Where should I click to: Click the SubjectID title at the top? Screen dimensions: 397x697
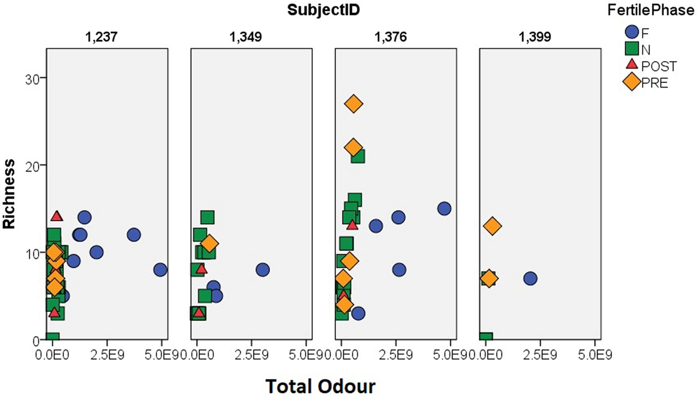323,10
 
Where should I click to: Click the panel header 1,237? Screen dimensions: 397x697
101,37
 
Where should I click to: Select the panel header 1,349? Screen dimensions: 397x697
246,37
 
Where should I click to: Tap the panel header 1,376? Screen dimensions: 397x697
391,37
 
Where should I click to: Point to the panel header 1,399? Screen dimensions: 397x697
535,37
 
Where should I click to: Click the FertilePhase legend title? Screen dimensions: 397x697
650,10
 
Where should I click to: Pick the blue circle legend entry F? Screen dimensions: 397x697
632,32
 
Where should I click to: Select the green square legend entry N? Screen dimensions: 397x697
632,49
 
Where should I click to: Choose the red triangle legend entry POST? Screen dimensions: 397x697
632,65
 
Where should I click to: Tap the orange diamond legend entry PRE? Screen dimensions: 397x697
632,82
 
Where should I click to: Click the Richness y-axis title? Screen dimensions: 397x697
9,194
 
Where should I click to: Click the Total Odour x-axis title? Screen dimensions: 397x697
320,386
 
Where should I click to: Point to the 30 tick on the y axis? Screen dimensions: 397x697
32,78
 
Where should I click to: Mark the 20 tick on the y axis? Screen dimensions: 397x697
32,165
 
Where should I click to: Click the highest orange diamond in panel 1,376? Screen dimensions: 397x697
353,104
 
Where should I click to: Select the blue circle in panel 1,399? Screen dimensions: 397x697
530,279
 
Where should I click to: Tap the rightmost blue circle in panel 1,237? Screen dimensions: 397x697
160,270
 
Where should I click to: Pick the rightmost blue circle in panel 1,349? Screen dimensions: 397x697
262,270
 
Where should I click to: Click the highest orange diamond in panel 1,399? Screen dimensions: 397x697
492,226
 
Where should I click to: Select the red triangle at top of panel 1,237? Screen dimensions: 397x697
57,216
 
